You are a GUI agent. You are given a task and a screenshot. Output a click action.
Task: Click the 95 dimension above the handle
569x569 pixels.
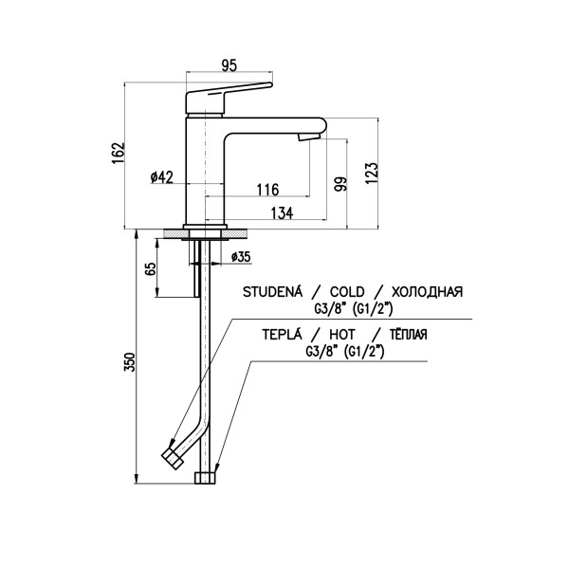[x=229, y=65]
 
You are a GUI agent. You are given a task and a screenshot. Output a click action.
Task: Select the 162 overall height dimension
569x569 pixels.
[x=119, y=153]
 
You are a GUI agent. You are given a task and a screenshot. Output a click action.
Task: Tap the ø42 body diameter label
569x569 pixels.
[x=162, y=177]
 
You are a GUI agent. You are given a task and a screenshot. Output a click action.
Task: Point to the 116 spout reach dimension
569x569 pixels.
[x=267, y=190]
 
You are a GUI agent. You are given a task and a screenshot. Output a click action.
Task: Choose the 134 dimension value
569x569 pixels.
[x=282, y=213]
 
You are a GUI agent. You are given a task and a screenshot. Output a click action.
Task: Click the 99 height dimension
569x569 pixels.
[x=341, y=184]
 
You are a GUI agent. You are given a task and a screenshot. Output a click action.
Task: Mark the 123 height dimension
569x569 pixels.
[x=372, y=173]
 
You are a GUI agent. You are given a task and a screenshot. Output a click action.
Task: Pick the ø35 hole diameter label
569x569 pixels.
[x=241, y=257]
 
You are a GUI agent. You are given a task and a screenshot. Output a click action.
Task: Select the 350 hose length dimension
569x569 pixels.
[x=130, y=361]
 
